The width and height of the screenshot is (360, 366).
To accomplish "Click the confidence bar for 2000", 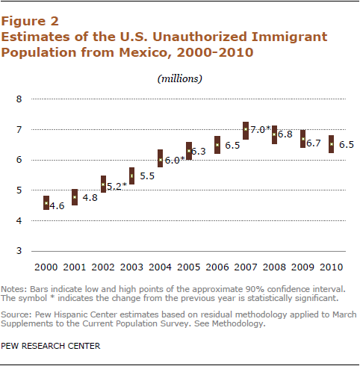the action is pyautogui.click(x=46, y=203).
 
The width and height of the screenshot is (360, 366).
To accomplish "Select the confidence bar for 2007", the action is pyautogui.click(x=246, y=131).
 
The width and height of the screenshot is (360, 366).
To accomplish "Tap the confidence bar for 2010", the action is pyautogui.click(x=332, y=144).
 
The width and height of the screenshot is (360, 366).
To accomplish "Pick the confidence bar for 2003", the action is pyautogui.click(x=131, y=176).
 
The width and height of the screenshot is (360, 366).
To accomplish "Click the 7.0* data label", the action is pyautogui.click(x=261, y=129).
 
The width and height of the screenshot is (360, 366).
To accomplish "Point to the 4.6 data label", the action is pyautogui.click(x=57, y=206).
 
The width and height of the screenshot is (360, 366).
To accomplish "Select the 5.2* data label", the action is pyautogui.click(x=117, y=186).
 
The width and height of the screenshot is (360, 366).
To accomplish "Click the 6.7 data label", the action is pyautogui.click(x=314, y=143).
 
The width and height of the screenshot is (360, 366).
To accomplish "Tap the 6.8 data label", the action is pyautogui.click(x=285, y=134).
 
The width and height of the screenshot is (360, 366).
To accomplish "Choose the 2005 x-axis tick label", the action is pyautogui.click(x=189, y=267).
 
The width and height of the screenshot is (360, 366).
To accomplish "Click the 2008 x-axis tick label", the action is pyautogui.click(x=274, y=267).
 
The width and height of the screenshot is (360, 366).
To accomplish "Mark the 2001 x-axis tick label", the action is pyautogui.click(x=75, y=267).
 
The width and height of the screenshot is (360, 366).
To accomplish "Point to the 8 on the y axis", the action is pyautogui.click(x=19, y=99).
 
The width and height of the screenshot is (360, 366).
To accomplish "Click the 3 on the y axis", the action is pyautogui.click(x=19, y=251).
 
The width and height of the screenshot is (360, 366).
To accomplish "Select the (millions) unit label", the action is pyautogui.click(x=180, y=78).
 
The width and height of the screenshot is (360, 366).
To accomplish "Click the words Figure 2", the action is pyautogui.click(x=30, y=22).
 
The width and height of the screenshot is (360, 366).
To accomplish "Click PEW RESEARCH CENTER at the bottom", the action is pyautogui.click(x=51, y=346).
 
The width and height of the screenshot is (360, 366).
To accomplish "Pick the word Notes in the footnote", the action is pyautogui.click(x=13, y=289).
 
